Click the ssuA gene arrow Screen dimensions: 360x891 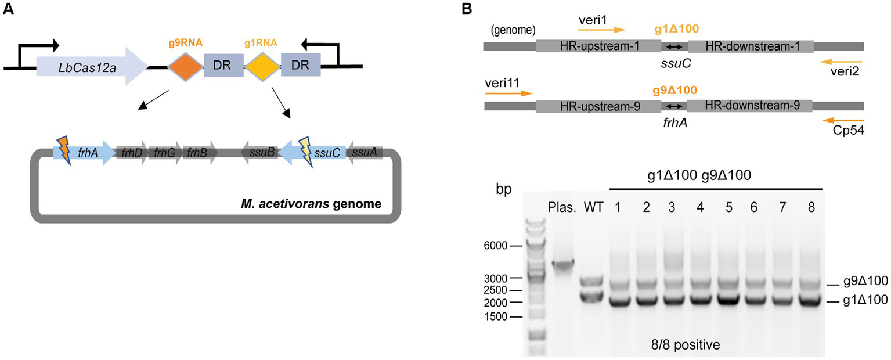tap(365, 153)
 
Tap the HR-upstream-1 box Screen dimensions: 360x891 tap(598, 46)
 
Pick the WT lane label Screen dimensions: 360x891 tap(590, 207)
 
